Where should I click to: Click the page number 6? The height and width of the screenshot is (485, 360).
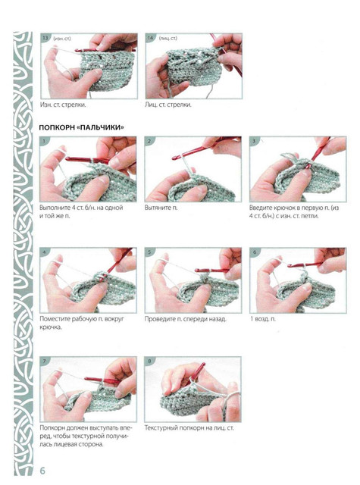42,471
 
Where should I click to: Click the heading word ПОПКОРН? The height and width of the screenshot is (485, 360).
57,127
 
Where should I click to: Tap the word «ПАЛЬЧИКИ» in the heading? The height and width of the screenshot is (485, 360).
101,127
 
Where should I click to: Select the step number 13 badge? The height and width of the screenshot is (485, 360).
45,38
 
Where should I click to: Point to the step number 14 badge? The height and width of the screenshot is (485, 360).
150,38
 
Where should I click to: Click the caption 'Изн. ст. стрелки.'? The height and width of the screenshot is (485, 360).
63,105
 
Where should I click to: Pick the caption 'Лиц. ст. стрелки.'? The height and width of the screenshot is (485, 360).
168,105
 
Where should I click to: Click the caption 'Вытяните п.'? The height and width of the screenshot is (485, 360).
161,208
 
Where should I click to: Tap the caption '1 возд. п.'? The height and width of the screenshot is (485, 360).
262,319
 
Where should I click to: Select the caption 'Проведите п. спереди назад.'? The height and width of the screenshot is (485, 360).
186,319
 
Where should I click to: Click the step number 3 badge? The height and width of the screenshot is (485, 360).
254,141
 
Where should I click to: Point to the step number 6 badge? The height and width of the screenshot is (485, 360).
255,252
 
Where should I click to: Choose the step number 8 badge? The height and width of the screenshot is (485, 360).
150,361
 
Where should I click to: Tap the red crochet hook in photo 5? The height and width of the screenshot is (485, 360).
212,271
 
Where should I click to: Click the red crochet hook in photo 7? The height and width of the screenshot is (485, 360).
102,380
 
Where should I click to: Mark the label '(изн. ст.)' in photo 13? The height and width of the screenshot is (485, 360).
62,39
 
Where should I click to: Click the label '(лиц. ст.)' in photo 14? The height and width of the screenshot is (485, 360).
168,39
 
